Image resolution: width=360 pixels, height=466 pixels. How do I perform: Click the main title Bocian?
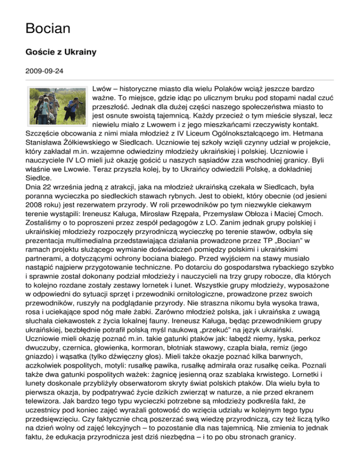coord(48,29)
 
